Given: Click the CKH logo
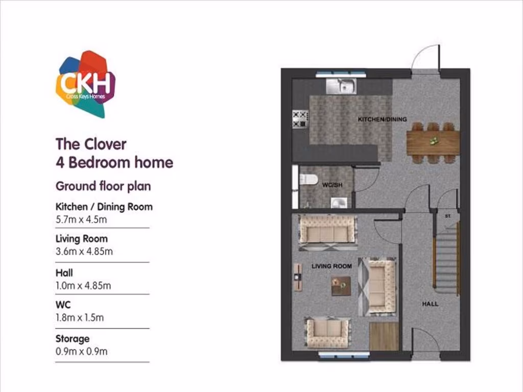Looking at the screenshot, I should point(85,84).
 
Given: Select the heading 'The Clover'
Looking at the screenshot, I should point(90,144).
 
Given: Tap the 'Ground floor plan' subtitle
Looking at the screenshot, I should point(103,186).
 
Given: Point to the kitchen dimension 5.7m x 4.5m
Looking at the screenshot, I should point(81,219).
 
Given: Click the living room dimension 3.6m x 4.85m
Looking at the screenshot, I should point(84,251).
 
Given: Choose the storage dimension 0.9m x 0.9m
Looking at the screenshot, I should point(81,351).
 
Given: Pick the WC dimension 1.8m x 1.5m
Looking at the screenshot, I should point(79,317).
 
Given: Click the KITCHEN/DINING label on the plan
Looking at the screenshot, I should point(382,119).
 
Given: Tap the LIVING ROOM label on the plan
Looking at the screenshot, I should point(331,266).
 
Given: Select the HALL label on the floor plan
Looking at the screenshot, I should point(430,304).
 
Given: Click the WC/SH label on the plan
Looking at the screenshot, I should point(332,185).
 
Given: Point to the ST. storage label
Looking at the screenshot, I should point(448,216).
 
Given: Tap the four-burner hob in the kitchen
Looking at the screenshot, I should point(299,119).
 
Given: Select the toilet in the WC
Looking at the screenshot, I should point(308,179).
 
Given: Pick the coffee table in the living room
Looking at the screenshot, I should point(341,286).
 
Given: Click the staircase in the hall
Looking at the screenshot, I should point(446,260).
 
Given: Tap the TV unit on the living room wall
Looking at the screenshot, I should point(297,277).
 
